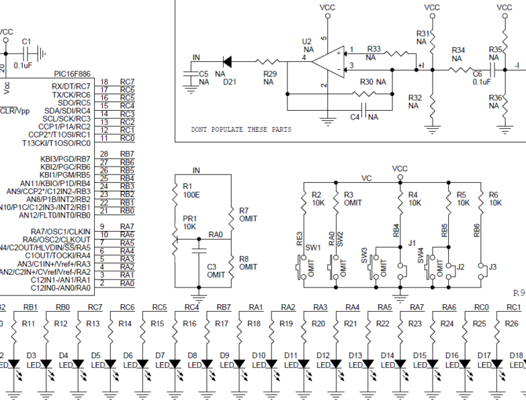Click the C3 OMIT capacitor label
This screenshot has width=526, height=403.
click(x=216, y=271)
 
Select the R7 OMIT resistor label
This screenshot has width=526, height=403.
click(x=248, y=214)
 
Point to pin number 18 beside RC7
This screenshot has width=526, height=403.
click(x=104, y=81)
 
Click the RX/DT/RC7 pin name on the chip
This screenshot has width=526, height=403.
click(x=71, y=85)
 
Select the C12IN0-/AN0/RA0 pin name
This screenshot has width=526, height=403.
click(x=60, y=288)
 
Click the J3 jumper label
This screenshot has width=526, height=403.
click(x=493, y=267)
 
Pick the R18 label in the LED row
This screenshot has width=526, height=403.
click(x=255, y=323)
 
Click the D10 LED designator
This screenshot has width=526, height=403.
click(x=258, y=355)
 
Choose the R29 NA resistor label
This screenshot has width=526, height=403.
click(x=268, y=77)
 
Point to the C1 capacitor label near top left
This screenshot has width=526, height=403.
click(x=26, y=42)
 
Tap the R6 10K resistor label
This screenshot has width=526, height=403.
click(x=494, y=198)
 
